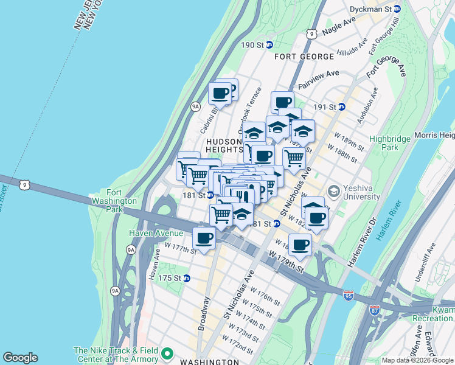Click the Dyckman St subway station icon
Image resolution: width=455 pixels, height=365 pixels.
tap(397, 9)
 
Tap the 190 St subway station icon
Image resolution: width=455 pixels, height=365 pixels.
tap(269, 45)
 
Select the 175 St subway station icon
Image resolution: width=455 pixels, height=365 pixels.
tap(187, 278)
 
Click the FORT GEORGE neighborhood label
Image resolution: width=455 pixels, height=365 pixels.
tap(304, 57)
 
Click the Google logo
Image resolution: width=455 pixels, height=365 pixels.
tap(20, 358)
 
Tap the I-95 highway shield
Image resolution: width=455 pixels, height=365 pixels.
tap(348, 296)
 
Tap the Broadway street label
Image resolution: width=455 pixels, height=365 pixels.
tap(204, 313)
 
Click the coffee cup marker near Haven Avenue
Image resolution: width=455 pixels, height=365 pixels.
tap(204, 238)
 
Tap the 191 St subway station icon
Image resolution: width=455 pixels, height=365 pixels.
tap(342, 106)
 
